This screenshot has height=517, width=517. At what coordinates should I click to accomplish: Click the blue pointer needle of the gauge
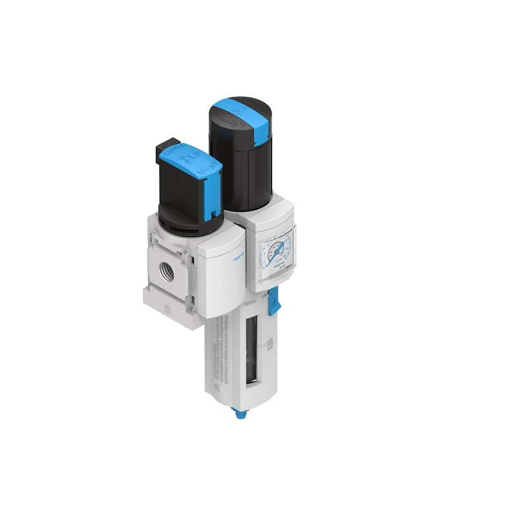coord(273,251)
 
